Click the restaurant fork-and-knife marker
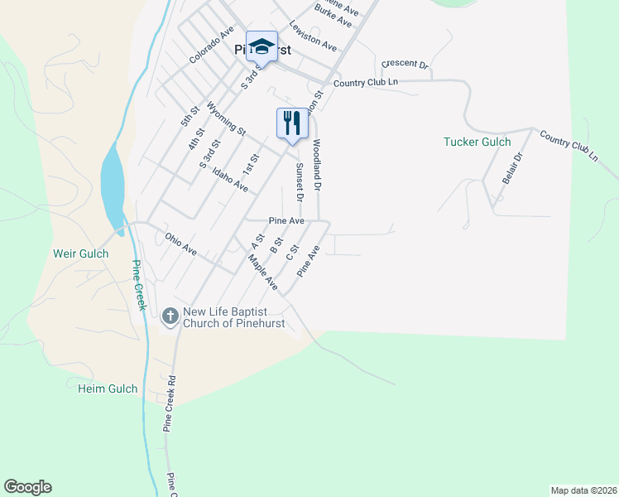click(x=292, y=123)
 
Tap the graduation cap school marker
click(x=262, y=46)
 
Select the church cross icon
click(x=170, y=316)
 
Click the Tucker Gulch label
click(x=477, y=142)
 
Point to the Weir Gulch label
click(x=81, y=253)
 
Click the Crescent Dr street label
click(x=405, y=64)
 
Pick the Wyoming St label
click(x=227, y=119)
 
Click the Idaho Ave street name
click(x=230, y=181)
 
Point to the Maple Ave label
click(x=263, y=273)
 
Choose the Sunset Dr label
click(x=299, y=182)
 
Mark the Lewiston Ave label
click(x=314, y=36)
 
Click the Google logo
click(x=27, y=487)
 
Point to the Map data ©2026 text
click(x=583, y=490)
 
